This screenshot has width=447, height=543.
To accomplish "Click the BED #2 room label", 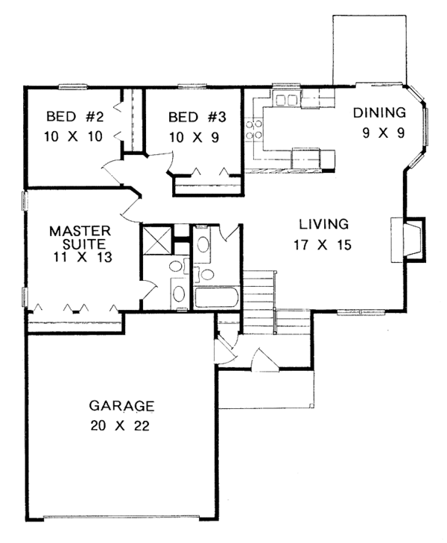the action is [74, 117].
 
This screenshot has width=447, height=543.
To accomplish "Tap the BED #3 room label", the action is [197, 117].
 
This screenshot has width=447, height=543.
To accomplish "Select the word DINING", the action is [379, 112].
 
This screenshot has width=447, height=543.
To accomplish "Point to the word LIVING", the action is [324, 224].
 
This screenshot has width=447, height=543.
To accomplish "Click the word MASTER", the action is [80, 231].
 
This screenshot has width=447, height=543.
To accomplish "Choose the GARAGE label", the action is [121, 405].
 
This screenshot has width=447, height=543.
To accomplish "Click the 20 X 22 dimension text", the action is [120, 425].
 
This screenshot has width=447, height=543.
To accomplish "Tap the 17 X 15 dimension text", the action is [323, 245].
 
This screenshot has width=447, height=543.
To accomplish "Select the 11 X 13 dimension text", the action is [83, 257].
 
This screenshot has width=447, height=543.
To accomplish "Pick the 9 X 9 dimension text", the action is [383, 133].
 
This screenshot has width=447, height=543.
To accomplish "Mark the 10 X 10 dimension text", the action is [74, 137].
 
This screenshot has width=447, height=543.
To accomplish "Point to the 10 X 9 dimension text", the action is [194, 138].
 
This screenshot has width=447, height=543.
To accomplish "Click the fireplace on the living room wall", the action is [408, 240].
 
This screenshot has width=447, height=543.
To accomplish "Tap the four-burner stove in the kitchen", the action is [254, 130].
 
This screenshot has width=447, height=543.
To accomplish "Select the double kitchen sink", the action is [286, 100].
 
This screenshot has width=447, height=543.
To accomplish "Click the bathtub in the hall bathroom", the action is [216, 297].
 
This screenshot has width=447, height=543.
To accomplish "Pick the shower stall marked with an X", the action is [157, 240].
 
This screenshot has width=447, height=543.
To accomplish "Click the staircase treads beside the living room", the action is [259, 302].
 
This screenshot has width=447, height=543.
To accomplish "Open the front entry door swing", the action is [265, 361].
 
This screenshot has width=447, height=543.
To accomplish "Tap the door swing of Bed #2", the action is [112, 171].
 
